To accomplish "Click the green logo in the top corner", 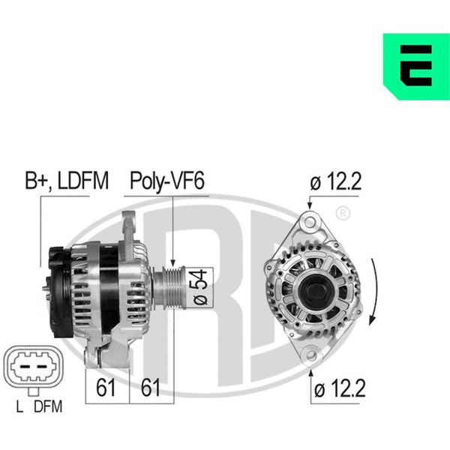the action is click(417, 67).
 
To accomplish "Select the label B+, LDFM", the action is click(67, 181).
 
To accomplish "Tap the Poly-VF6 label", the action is click(167, 181).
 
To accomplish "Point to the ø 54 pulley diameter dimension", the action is click(200, 287).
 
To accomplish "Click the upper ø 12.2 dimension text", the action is click(336, 181).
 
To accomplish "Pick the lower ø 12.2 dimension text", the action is click(340, 388).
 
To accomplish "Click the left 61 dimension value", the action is click(105, 388).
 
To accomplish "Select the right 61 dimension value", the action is click(150, 388).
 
